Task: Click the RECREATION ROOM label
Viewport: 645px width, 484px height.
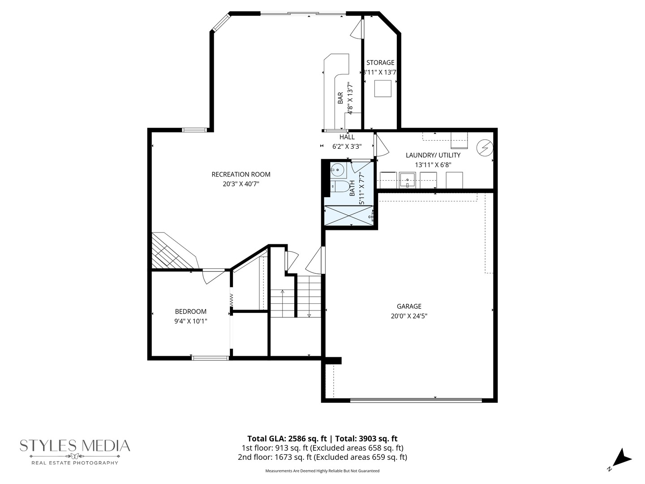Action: coord(241,174)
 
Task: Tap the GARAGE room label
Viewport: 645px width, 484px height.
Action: coord(409,307)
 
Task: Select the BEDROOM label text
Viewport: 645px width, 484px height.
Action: coord(191,311)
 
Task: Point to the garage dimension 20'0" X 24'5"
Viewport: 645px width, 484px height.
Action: coord(409,316)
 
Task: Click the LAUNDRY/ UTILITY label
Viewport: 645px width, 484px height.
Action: coord(433,155)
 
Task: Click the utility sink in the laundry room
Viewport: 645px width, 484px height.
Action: coord(408,180)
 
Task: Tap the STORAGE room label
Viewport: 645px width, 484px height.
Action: coord(380,63)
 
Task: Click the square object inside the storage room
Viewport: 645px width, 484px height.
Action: coord(383,88)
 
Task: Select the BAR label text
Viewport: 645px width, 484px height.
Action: coord(340,98)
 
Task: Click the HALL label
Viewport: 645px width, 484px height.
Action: coord(347,137)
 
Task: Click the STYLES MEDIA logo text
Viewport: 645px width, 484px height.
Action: coord(75,446)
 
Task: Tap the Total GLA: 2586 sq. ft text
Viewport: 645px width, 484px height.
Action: coord(287,439)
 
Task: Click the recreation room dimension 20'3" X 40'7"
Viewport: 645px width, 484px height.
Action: coord(241,184)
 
